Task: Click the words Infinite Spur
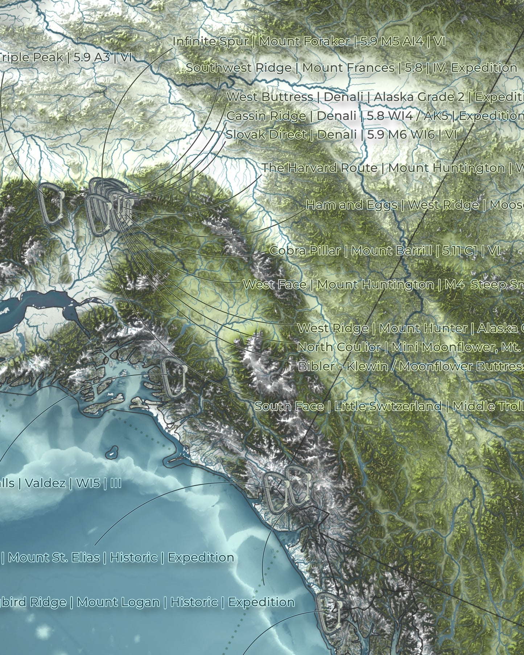(210, 42)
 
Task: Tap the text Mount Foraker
(304, 42)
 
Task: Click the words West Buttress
(269, 97)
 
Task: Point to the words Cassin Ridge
(266, 116)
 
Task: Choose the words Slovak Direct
(266, 135)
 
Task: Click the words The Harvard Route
(319, 168)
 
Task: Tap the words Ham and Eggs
(351, 205)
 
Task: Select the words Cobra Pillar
(305, 251)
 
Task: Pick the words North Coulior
(339, 347)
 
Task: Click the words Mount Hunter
(423, 328)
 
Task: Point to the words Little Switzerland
(388, 406)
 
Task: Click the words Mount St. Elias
(54, 557)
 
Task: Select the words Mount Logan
(118, 602)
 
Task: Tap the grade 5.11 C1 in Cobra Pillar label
(459, 251)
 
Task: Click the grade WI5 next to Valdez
(88, 483)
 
